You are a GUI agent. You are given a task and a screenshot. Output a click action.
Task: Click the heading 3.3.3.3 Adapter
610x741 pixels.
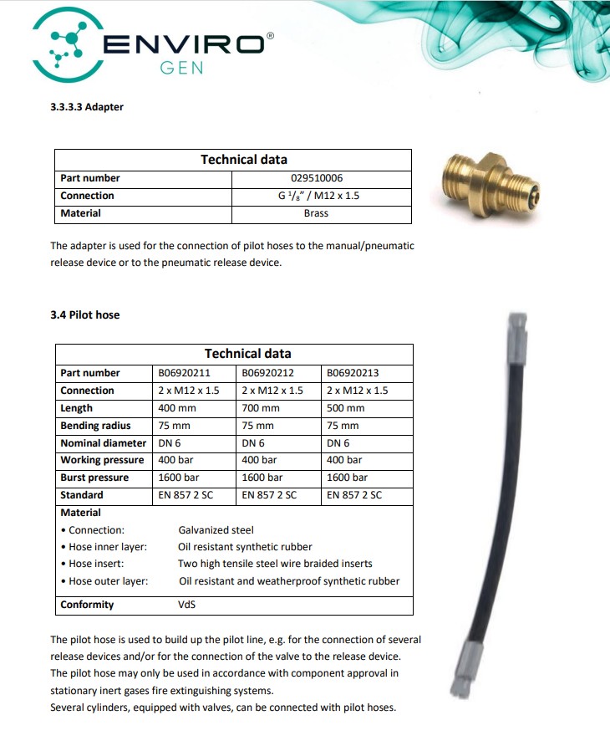click(x=87, y=107)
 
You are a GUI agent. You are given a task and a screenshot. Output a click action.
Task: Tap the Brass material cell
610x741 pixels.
click(x=316, y=213)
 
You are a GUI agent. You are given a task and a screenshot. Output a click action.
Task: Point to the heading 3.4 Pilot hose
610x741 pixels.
click(x=84, y=314)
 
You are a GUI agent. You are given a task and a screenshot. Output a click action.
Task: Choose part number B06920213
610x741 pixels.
click(x=354, y=373)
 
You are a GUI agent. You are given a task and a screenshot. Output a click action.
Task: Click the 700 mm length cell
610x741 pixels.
click(x=260, y=408)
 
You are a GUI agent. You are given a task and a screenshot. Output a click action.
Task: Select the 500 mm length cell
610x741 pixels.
click(x=345, y=408)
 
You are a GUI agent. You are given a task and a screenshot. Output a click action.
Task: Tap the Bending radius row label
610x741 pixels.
click(x=95, y=426)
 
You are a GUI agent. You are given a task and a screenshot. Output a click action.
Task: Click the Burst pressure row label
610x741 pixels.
click(x=94, y=478)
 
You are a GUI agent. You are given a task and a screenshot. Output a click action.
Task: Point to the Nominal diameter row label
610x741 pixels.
click(x=103, y=443)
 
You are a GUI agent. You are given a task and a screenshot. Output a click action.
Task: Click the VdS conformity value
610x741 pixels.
click(x=186, y=605)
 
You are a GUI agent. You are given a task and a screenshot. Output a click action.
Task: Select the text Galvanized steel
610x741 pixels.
click(x=216, y=529)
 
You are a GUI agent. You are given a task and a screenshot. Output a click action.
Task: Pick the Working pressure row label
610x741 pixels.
click(x=102, y=460)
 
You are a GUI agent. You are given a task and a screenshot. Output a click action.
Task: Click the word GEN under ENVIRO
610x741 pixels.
click(x=181, y=68)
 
